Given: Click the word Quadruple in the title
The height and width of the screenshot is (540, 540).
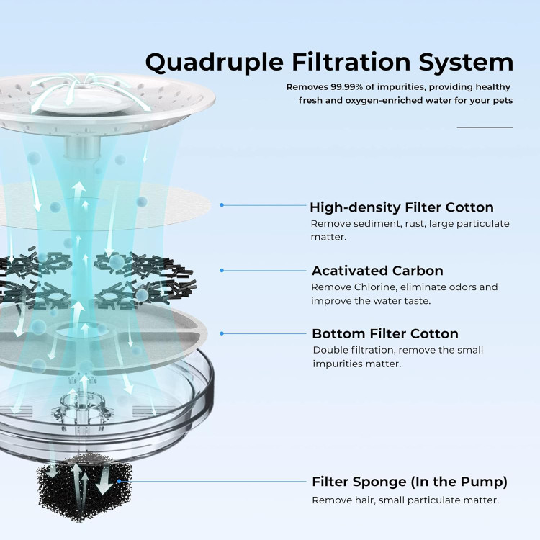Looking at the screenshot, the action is tap(215, 63).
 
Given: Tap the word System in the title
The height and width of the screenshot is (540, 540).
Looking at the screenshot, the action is tap(466, 63).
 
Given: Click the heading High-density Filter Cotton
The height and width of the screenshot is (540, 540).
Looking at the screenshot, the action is tap(402, 207).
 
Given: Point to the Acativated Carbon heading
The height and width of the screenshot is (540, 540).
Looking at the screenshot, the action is tap(377, 271).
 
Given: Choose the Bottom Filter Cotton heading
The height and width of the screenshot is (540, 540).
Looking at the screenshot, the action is tap(385, 333).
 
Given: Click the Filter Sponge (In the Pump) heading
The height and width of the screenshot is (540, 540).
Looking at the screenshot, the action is tap(410, 482).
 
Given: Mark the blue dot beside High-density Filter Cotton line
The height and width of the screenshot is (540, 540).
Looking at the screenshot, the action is tap(222, 205).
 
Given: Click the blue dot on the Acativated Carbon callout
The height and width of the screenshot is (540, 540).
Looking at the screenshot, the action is tap(222, 270).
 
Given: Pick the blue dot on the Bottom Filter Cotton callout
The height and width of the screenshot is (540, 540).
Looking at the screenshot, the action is tap(222, 333).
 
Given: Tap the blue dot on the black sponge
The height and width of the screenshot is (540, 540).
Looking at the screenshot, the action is tap(119, 481).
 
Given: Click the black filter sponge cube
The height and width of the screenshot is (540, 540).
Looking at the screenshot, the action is tap(84, 488).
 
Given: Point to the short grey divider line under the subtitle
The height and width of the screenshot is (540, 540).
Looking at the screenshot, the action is tap(485, 127).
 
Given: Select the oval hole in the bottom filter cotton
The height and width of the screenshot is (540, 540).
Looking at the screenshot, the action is tap(82, 330).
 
